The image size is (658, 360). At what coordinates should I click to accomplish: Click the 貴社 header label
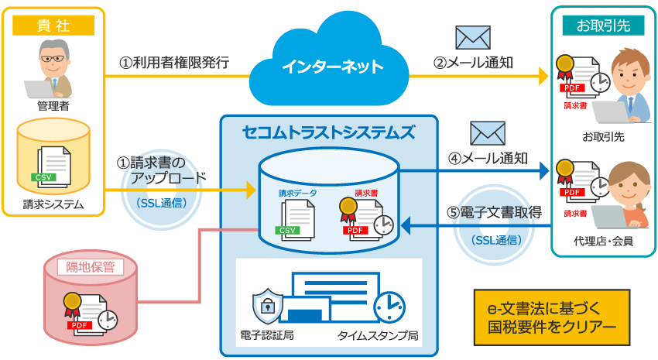[x=53, y=25]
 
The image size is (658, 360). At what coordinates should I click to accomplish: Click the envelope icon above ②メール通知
[x=472, y=37]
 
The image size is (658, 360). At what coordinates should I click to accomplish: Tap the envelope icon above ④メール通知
[x=488, y=134]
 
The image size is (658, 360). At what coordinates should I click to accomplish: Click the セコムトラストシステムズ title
[x=328, y=132]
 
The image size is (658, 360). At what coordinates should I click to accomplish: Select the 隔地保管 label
[x=91, y=267]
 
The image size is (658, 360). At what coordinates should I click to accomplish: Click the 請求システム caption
[x=53, y=205]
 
